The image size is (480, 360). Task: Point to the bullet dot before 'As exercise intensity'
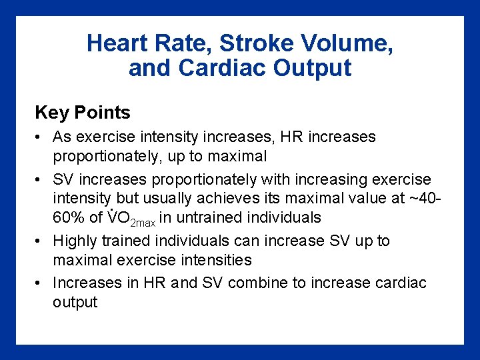(x=41, y=137)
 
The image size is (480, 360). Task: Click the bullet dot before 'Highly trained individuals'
(x=41, y=241)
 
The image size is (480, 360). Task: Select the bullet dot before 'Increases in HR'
(x=41, y=283)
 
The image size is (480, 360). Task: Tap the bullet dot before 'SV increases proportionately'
(x=41, y=180)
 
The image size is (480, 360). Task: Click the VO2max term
(x=132, y=219)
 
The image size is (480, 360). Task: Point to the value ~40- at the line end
(x=415, y=199)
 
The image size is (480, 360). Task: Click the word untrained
(x=213, y=218)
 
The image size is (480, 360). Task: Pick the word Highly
(x=75, y=241)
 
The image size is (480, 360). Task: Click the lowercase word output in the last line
(x=75, y=302)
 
